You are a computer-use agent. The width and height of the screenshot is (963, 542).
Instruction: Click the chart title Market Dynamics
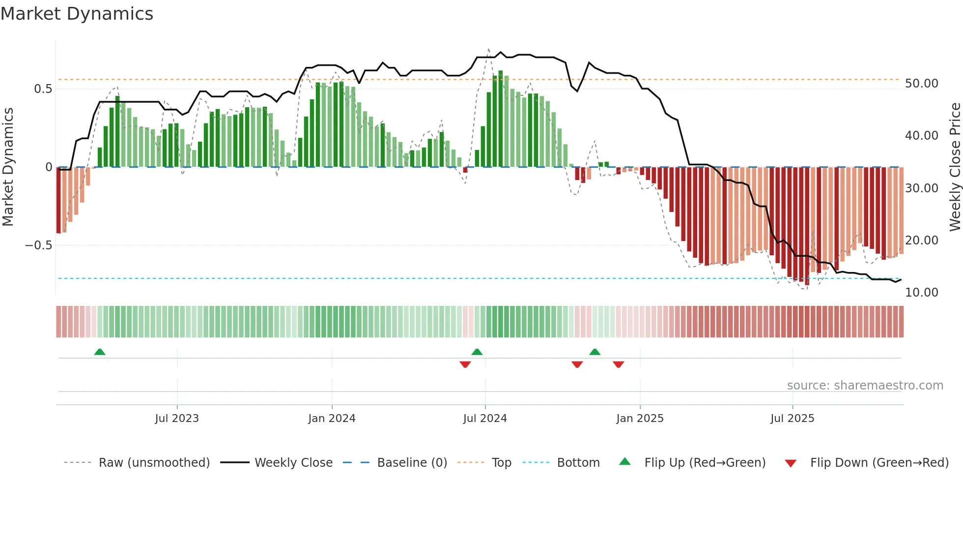[x=77, y=14]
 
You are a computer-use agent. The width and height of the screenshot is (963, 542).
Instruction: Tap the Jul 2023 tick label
[x=177, y=419]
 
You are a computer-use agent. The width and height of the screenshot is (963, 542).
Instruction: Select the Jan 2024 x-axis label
[x=332, y=419]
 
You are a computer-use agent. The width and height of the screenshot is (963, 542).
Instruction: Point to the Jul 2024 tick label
[x=485, y=419]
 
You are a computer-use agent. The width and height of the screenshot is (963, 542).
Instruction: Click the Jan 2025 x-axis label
[x=640, y=419]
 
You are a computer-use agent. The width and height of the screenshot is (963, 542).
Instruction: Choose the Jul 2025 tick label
[x=792, y=419]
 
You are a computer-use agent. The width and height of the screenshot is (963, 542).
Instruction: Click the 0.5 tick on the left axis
[x=43, y=89]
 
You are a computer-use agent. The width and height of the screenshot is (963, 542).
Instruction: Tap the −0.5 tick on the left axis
[x=38, y=245]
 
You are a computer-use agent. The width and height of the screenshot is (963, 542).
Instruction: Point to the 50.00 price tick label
[x=921, y=84]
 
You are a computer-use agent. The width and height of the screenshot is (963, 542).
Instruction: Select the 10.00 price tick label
[x=921, y=293]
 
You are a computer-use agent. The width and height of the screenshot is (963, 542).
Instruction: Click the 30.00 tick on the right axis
[x=921, y=188]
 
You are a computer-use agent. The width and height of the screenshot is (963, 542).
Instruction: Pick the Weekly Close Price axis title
[x=955, y=167]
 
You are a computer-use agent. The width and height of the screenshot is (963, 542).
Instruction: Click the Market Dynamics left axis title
[x=8, y=167]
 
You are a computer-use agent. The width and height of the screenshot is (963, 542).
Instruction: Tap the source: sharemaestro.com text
[x=865, y=386]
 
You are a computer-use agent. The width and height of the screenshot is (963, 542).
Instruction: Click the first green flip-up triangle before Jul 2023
[x=100, y=352]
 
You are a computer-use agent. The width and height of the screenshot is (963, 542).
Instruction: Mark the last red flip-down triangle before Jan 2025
[x=619, y=364]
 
